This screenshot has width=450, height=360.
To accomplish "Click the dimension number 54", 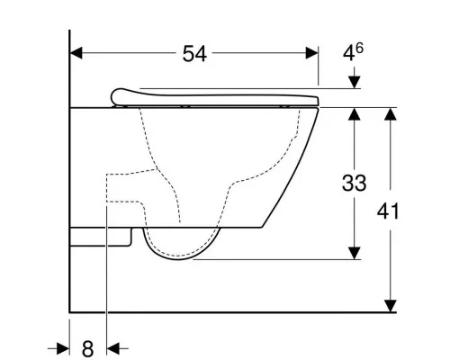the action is (x=194, y=54).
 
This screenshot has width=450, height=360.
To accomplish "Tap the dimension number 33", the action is (x=355, y=183).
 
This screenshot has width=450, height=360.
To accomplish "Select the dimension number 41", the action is (x=388, y=211).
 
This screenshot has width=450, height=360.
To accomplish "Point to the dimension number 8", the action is (x=87, y=349).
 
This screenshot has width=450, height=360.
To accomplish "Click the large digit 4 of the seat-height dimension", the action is (x=348, y=54).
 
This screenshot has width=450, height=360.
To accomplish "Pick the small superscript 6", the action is (x=359, y=48).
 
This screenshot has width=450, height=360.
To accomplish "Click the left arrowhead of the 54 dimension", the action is (x=76, y=53).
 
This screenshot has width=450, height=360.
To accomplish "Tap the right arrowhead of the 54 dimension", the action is (x=311, y=53).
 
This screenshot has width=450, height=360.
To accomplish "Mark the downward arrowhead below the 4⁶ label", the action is (x=355, y=82).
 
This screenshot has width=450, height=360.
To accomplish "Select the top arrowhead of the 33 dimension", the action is (x=355, y=114).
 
